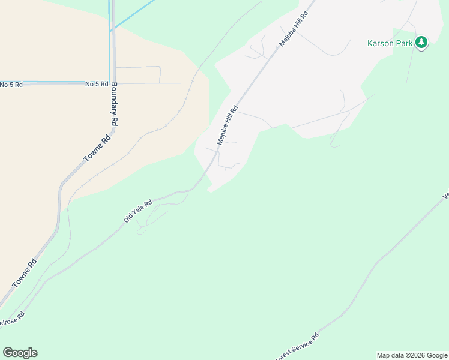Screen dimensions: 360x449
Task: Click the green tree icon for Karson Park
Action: tap(422, 43)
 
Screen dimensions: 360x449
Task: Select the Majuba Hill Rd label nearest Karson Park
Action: tap(293, 29)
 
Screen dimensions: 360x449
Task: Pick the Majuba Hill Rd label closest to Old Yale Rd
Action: tap(228, 125)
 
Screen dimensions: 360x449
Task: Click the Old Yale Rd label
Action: tap(138, 212)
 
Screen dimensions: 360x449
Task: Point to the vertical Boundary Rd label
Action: tap(114, 104)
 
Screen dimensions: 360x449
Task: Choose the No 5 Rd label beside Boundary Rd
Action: tap(97, 85)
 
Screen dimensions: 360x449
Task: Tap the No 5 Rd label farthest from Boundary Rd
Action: tap(11, 85)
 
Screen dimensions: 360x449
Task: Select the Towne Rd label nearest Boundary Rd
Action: tap(97, 148)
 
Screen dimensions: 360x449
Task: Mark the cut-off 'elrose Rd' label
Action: tap(12, 319)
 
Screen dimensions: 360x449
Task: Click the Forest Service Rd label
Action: tap(298, 346)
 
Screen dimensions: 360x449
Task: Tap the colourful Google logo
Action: tap(20, 353)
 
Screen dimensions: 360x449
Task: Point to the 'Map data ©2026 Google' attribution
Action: tap(412, 355)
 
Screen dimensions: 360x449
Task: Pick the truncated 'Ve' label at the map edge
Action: tap(445, 196)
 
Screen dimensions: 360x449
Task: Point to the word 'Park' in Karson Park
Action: tap(404, 43)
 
